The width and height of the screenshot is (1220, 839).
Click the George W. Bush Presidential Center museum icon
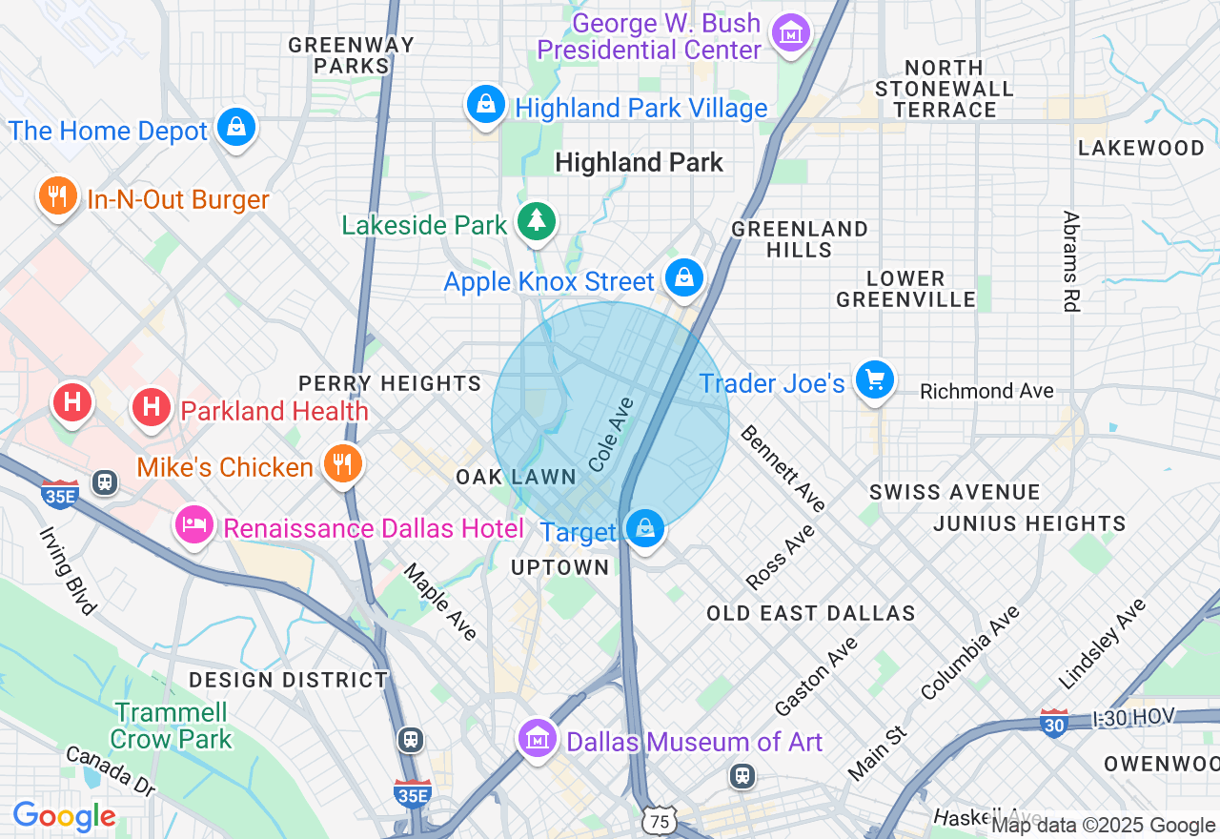click(x=791, y=34)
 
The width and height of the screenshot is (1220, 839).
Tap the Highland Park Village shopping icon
click(x=486, y=104)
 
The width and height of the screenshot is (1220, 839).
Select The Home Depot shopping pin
click(x=235, y=127)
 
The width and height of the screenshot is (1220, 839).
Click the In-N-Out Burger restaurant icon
click(x=57, y=196)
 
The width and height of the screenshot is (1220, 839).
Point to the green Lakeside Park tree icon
click(x=537, y=222)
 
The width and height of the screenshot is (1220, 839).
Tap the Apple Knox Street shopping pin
click(x=683, y=278)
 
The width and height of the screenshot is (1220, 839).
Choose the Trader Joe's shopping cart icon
click(x=874, y=380)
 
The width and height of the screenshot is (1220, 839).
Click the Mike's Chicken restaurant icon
click(x=341, y=464)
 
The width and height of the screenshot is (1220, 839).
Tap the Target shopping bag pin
click(x=645, y=528)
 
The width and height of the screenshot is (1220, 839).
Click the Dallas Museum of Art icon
click(x=538, y=739)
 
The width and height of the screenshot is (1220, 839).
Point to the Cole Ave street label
click(x=611, y=436)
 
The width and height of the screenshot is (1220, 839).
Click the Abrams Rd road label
click(x=1070, y=261)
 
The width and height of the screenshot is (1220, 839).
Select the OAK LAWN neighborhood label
click(x=516, y=477)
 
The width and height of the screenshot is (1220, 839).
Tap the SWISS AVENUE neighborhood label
click(x=954, y=492)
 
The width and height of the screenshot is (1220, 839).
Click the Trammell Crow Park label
click(x=172, y=726)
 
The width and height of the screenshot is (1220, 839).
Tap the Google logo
click(x=64, y=817)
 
